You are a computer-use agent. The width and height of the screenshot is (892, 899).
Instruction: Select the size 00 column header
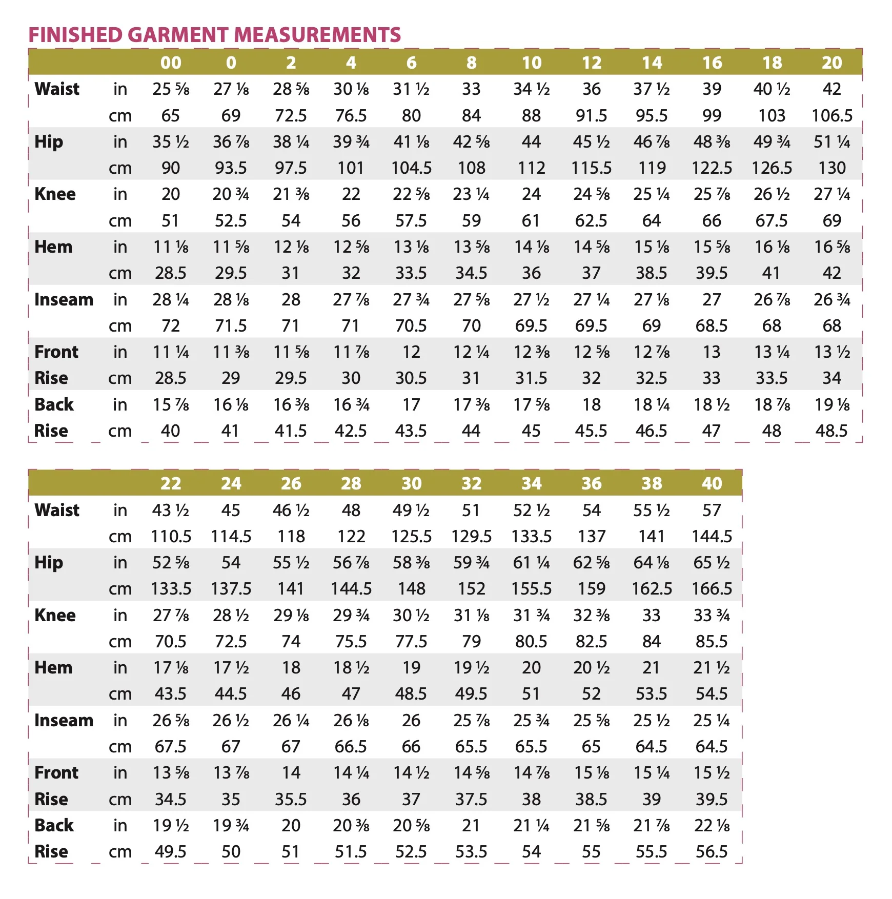pyautogui.click(x=171, y=63)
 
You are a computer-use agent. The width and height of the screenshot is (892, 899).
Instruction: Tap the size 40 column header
pyautogui.click(x=712, y=483)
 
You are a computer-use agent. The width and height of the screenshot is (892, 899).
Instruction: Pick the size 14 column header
pyautogui.click(x=652, y=63)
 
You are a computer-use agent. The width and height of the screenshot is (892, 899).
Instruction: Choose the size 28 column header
pyautogui.click(x=351, y=483)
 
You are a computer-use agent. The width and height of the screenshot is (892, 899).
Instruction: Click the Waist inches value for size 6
pyautogui.click(x=411, y=89)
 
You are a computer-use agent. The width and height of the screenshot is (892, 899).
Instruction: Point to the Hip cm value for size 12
pyautogui.click(x=592, y=168)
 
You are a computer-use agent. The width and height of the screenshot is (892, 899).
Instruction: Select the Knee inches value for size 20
pyautogui.click(x=832, y=194)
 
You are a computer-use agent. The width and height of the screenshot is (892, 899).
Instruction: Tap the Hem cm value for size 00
pyautogui.click(x=171, y=273)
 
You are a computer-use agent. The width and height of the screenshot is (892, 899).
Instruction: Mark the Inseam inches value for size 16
pyautogui.click(x=712, y=299)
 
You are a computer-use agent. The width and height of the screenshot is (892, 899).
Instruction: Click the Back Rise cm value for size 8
pyautogui.click(x=471, y=431)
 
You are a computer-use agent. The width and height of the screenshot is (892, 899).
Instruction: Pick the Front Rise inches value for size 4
pyautogui.click(x=351, y=352)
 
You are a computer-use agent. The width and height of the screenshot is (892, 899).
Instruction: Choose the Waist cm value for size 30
pyautogui.click(x=411, y=537)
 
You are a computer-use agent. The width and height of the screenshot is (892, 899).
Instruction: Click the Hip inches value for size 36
pyautogui.click(x=592, y=563)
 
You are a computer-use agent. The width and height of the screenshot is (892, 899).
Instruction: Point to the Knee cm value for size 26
pyautogui.click(x=291, y=642)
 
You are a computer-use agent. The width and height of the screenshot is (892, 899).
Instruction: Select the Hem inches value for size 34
pyautogui.click(x=532, y=668)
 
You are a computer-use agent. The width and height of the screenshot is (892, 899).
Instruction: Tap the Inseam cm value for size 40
pyautogui.click(x=712, y=747)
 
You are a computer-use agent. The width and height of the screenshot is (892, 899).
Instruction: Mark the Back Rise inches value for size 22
pyautogui.click(x=171, y=826)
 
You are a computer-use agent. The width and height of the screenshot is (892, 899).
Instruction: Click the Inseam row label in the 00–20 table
pyautogui.click(x=64, y=299)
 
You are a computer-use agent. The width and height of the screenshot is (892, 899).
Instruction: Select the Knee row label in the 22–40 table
pyautogui.click(x=55, y=615)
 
